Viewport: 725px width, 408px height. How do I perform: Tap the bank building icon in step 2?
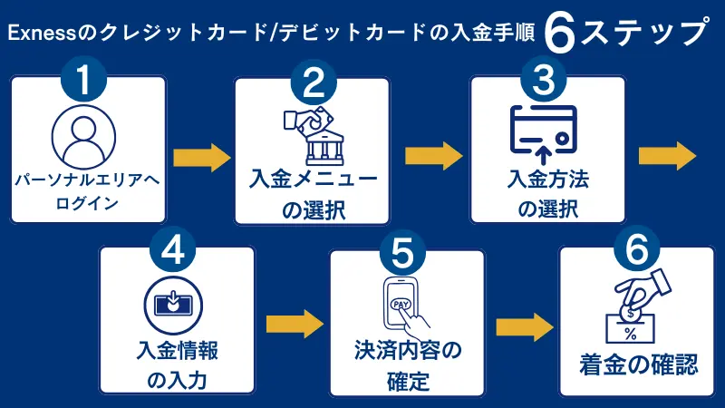(x=313, y=135)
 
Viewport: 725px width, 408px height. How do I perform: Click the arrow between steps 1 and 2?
(x=201, y=156)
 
